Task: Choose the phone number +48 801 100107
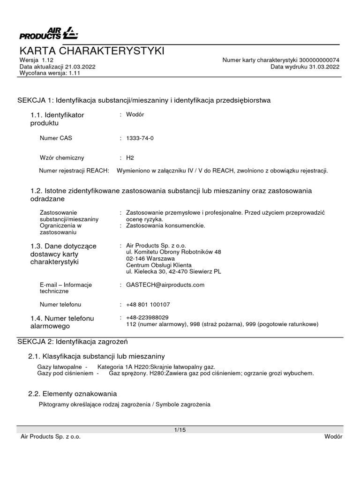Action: click(148, 305)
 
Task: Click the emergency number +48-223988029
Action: click(148, 317)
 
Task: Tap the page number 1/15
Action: click(180, 429)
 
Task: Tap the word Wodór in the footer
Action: click(333, 436)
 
